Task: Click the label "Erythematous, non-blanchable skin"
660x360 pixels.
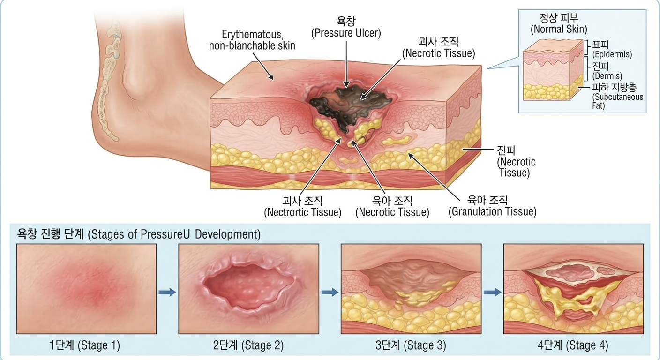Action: click(252, 40)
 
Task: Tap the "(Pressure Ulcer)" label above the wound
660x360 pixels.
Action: click(346, 33)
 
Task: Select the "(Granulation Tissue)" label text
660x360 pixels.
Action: click(492, 211)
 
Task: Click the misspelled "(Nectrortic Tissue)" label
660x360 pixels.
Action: click(303, 212)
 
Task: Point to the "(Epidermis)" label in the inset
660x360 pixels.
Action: click(612, 54)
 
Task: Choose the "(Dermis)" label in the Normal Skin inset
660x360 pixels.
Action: click(607, 76)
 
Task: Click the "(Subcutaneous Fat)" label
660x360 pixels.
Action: click(617, 101)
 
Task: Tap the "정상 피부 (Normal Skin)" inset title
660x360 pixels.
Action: click(559, 23)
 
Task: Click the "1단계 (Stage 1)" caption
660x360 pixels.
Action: click(85, 345)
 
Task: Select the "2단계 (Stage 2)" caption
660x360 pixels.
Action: click(248, 345)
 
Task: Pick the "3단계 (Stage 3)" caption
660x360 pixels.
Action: click(411, 345)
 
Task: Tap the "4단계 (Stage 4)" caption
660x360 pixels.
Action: click(573, 345)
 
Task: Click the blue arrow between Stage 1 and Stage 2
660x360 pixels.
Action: click(167, 292)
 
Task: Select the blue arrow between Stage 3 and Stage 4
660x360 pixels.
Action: click(492, 292)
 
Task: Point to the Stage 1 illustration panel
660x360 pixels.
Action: click(86, 289)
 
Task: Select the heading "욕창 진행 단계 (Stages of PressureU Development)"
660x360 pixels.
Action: click(139, 234)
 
